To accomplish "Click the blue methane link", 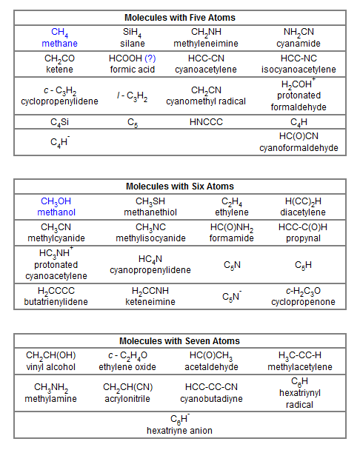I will (x=59, y=44).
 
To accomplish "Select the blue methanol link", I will (x=59, y=212).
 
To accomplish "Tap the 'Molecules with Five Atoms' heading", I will (x=180, y=17).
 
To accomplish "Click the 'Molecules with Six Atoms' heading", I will (x=180, y=186).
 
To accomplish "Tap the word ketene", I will (x=59, y=70).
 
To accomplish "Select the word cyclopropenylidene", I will (x=60, y=101).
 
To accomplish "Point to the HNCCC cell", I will (x=206, y=121).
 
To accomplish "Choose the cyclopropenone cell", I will (x=303, y=296).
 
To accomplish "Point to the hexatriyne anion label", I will (x=179, y=430).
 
